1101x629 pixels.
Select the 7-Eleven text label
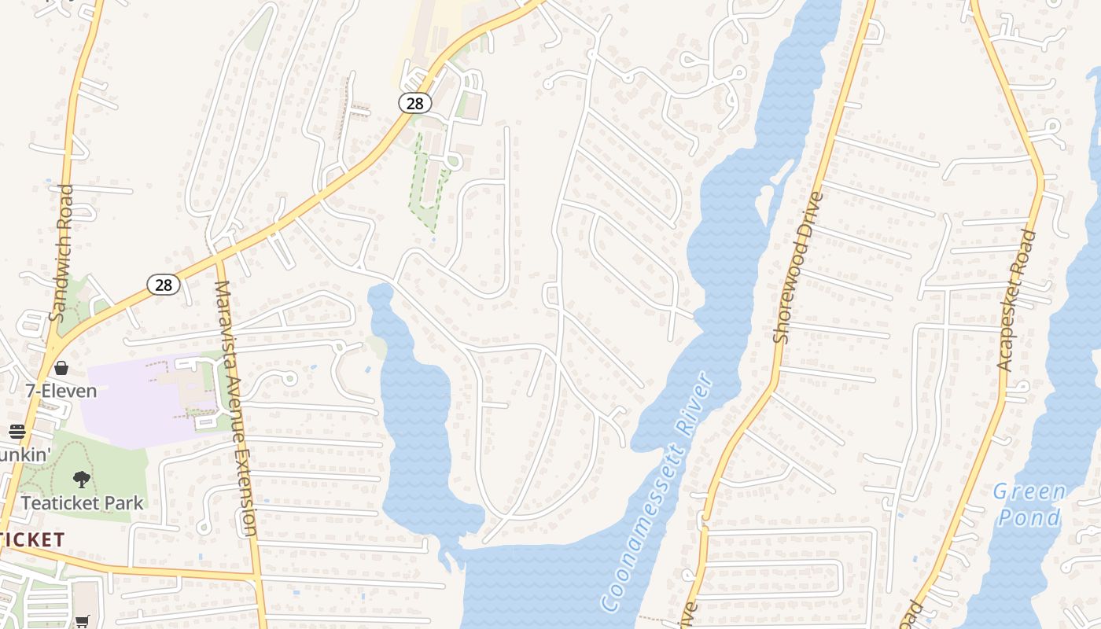61,391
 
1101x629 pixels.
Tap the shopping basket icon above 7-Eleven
61,368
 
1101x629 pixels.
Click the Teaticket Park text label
82,503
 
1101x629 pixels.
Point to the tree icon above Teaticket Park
81,479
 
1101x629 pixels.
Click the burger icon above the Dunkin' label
17,431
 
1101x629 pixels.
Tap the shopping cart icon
82,621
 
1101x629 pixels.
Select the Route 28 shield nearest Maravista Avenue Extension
163,285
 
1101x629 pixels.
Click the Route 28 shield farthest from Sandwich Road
414,102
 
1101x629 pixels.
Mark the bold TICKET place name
32,539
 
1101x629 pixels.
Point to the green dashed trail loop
428,185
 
